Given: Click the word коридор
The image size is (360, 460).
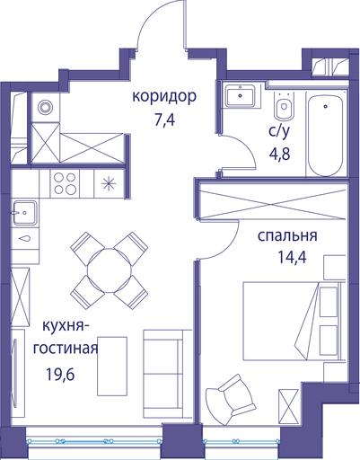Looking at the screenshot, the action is [164, 98].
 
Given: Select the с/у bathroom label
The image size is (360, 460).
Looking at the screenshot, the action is [279, 131].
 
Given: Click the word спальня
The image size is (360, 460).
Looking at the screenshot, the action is [287, 235].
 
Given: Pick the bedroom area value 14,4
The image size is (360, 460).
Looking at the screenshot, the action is [292, 257].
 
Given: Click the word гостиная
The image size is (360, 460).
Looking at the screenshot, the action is [66, 349].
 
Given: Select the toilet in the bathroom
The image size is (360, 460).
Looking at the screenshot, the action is [283, 104].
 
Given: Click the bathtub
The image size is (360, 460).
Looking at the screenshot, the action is [325, 136].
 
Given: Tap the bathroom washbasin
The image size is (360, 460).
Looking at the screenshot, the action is [241, 95].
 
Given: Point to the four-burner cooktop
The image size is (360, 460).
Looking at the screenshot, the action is [65, 183].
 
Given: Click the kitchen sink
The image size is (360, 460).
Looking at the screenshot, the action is [25, 213].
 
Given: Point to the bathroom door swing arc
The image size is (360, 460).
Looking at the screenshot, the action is [245, 147].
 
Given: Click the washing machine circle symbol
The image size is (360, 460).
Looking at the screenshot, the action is [45, 107].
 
